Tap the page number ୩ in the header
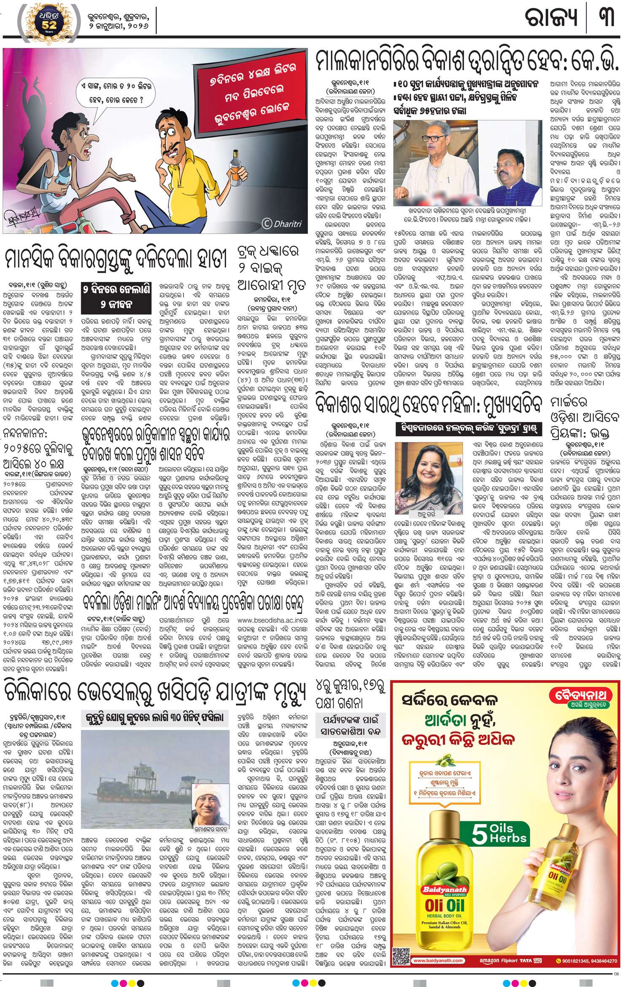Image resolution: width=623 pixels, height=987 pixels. coord(606,17)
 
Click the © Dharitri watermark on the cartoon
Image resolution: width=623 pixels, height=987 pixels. coord(282,224)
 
